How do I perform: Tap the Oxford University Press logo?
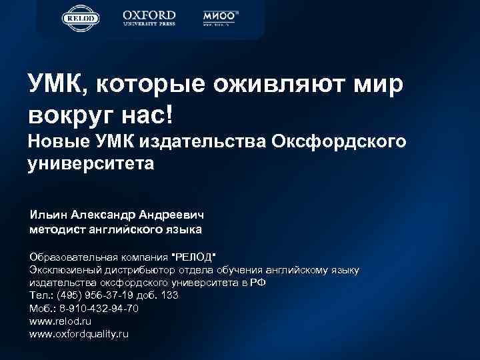click(x=149, y=18)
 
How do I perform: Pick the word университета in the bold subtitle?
click(x=91, y=163)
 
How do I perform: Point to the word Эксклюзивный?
click(x=64, y=269)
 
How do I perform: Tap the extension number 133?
click(x=169, y=295)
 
